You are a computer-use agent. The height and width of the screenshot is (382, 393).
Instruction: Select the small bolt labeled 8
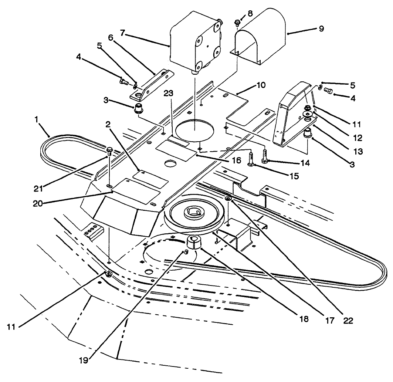[x=238, y=23]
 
